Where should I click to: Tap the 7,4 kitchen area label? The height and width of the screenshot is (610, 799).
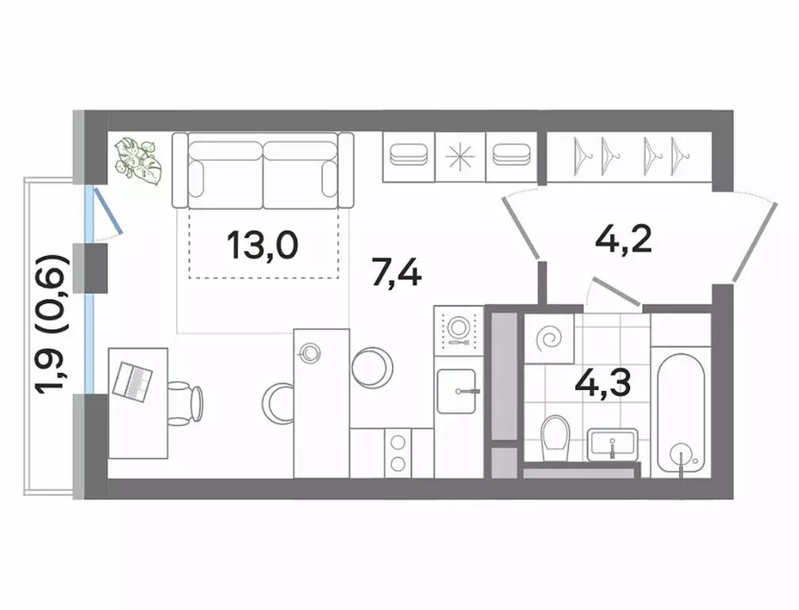pyautogui.click(x=396, y=275)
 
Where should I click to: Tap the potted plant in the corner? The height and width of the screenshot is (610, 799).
pyautogui.click(x=138, y=161)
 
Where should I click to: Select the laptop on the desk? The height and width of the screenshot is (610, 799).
pyautogui.click(x=133, y=381)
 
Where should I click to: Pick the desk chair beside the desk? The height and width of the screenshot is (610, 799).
pyautogui.click(x=186, y=401)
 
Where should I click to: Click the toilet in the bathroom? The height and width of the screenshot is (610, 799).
pyautogui.click(x=554, y=437)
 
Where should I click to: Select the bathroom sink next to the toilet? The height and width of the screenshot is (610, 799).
pyautogui.click(x=613, y=442)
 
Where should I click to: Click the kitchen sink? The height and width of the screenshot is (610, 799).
pyautogui.click(x=455, y=390)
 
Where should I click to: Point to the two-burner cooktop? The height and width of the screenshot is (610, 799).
pyautogui.click(x=396, y=452)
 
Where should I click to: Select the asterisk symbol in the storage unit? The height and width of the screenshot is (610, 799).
pyautogui.click(x=459, y=156)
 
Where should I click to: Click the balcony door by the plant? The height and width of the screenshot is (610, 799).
pyautogui.click(x=106, y=212)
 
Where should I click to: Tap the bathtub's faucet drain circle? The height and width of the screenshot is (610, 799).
pyautogui.click(x=680, y=457)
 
